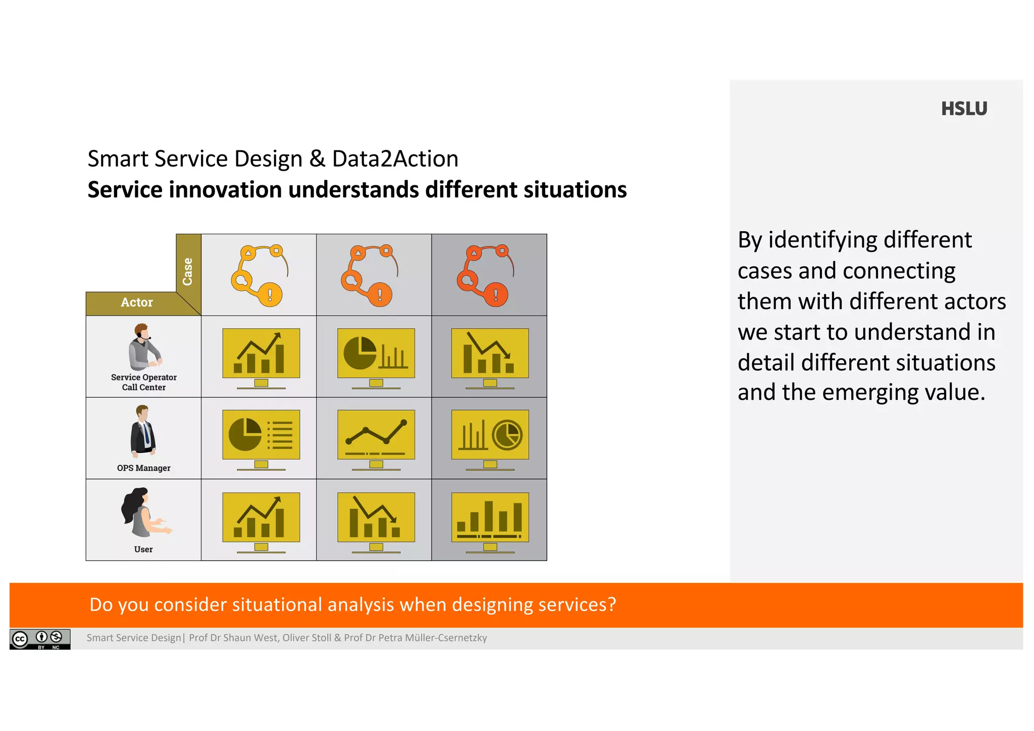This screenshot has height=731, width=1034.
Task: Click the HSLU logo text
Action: click(963, 109)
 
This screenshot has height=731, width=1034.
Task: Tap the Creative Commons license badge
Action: click(40, 639)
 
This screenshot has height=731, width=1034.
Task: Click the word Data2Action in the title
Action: click(395, 159)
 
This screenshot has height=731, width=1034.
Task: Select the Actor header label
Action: click(136, 302)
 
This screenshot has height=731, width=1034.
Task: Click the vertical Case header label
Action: click(188, 272)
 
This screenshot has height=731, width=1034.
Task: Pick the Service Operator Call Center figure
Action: click(144, 347)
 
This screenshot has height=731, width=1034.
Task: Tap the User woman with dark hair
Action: click(144, 512)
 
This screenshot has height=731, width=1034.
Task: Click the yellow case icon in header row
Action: click(259, 275)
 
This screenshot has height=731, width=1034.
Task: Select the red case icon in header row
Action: click(485, 275)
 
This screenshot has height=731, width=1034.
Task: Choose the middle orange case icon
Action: click(370, 275)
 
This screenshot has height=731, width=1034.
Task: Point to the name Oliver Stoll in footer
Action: click(306, 638)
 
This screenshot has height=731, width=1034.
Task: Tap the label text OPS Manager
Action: click(143, 468)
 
